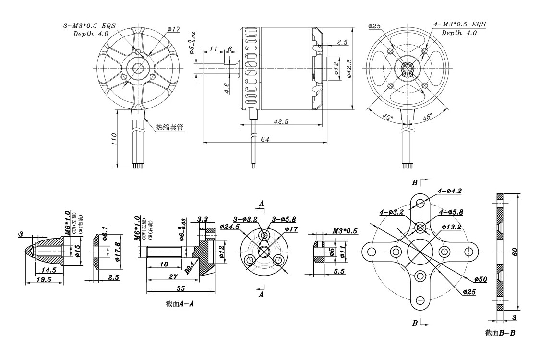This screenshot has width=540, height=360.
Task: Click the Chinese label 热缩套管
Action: (169, 128)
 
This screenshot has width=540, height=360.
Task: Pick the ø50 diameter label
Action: (480, 279)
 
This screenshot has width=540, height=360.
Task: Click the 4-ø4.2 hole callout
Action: (449, 191)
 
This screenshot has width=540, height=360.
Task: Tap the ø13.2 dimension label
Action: (452, 227)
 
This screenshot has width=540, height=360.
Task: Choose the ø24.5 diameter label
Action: (230, 227)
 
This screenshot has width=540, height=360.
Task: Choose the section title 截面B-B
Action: (500, 332)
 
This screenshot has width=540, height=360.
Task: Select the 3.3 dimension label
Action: (203, 220)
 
